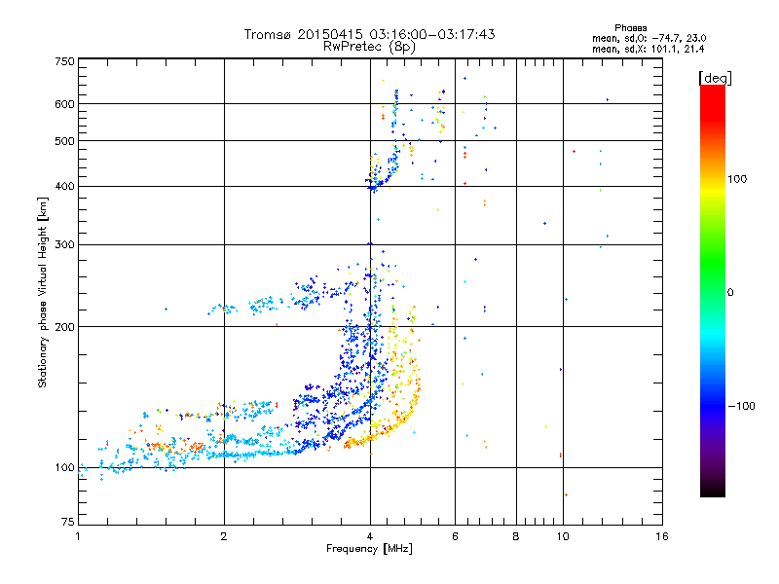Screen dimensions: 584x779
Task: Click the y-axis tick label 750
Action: coord(65,60)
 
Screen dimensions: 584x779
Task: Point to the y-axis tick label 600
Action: coord(65,104)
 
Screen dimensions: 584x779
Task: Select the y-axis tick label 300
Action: coord(65,244)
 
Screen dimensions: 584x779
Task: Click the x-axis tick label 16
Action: coord(661,536)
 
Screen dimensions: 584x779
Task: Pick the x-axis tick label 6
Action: coord(455,536)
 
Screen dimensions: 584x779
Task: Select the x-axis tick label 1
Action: coord(78,536)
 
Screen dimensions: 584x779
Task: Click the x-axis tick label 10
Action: coord(562,536)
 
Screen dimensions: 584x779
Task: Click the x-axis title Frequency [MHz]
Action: coord(369,549)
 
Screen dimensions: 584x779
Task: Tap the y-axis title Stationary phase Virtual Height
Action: coord(43,292)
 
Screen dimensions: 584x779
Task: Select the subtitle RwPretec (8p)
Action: coord(369,46)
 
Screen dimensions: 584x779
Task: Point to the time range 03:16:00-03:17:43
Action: coord(427,34)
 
